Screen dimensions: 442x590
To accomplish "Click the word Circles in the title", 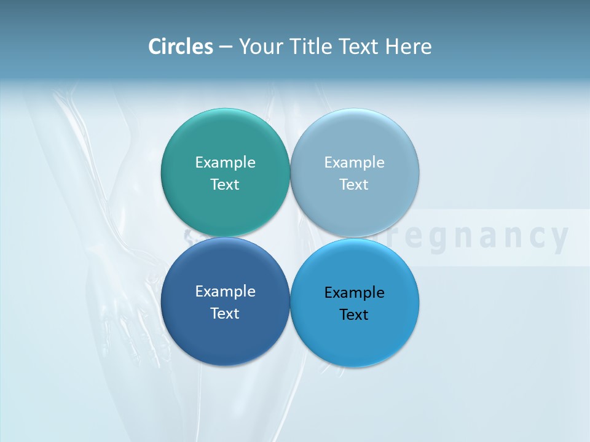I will (181, 47).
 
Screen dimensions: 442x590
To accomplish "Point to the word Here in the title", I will (409, 47).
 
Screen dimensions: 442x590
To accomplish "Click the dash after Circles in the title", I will (226, 47).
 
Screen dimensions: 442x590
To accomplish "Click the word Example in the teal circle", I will (225, 163).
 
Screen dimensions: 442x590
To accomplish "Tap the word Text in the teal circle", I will (225, 184).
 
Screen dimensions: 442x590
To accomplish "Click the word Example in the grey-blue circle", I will (355, 163).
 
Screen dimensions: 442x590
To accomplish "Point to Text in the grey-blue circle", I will (354, 184).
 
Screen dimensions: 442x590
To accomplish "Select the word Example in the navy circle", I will (225, 292).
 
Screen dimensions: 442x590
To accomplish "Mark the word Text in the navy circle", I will (225, 313).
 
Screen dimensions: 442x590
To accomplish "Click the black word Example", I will (355, 293).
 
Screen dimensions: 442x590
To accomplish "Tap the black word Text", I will (354, 314).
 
